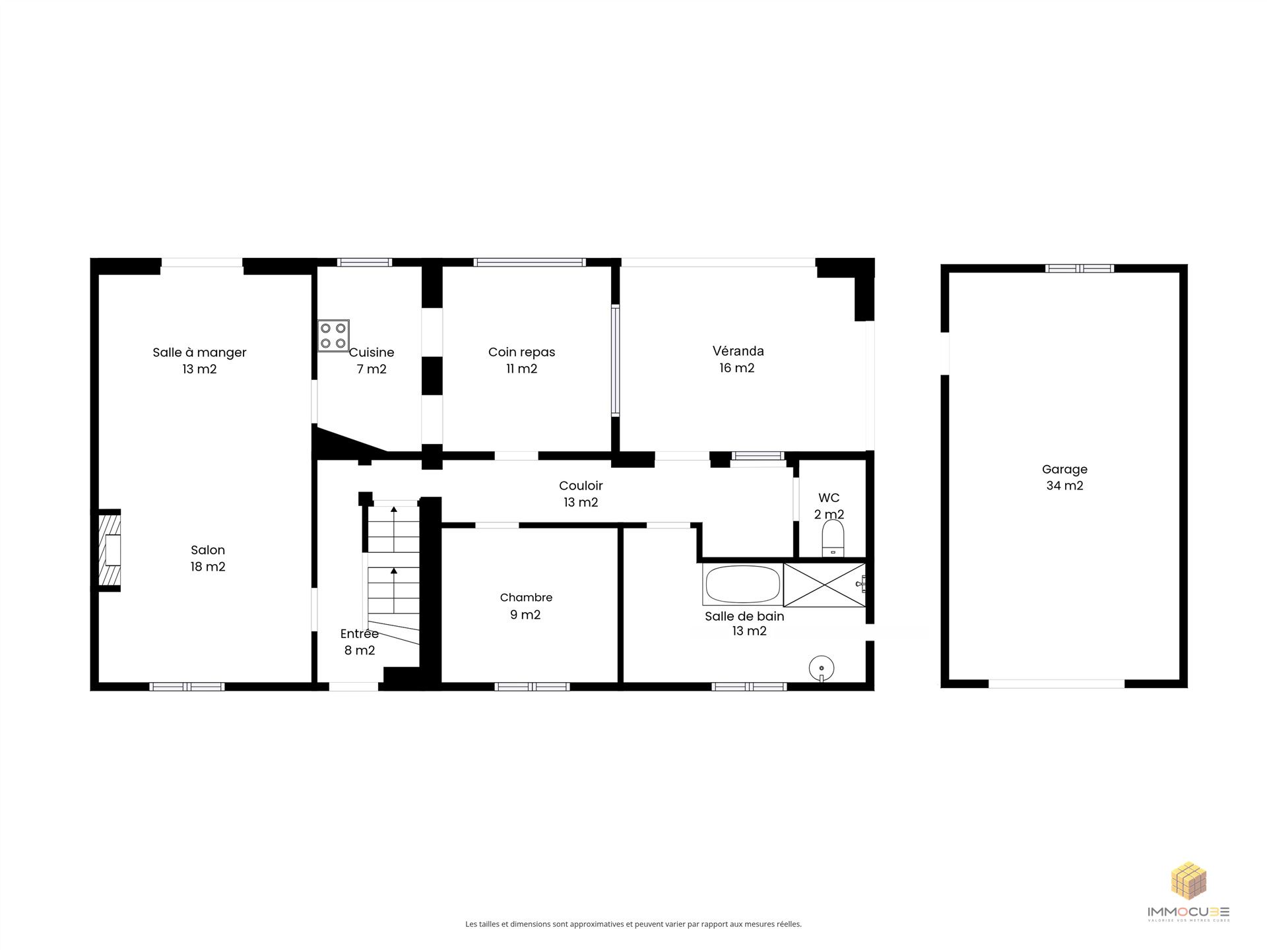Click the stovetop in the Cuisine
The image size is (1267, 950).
[x=333, y=335]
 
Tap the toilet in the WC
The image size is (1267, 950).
[x=833, y=539]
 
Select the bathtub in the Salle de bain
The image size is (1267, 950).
[x=743, y=584]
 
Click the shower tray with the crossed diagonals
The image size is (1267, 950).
[x=824, y=585]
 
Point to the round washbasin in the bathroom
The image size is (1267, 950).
[x=821, y=668]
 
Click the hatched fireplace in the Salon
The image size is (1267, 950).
[x=110, y=550]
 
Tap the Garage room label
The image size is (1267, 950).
[x=1064, y=469]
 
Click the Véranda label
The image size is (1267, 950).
[x=738, y=351]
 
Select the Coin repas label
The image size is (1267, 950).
[x=521, y=352]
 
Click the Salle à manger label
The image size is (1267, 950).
[x=199, y=352]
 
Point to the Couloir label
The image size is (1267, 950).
[x=581, y=486]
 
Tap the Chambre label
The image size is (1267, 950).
[x=526, y=598]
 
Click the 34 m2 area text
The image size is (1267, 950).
[x=1064, y=486]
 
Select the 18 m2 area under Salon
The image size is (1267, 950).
[x=208, y=567]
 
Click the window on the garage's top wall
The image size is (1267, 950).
[x=1080, y=269]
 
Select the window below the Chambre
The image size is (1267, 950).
[x=532, y=687]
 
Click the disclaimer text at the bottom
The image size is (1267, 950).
[x=633, y=924]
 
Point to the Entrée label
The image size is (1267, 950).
[x=360, y=633]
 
